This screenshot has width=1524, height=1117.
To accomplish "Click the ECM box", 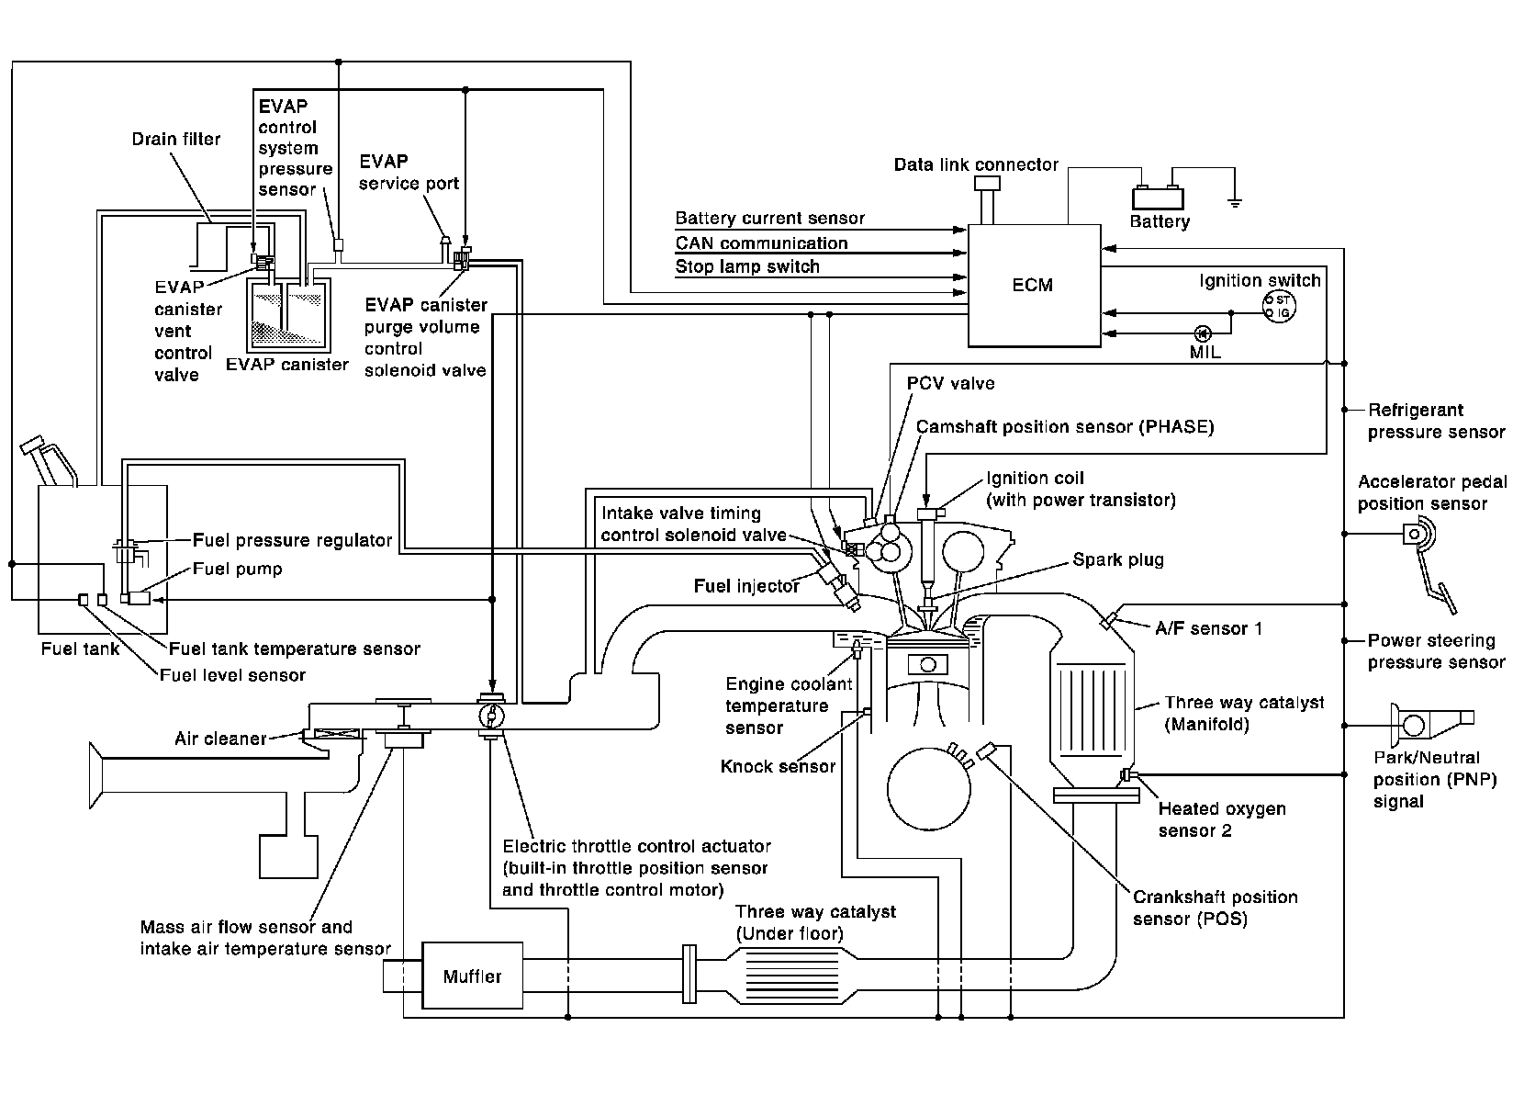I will pyautogui.click(x=1035, y=285).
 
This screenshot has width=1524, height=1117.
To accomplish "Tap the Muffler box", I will pyautogui.click(x=472, y=976).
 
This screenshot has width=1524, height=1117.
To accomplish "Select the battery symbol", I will pyautogui.click(x=1158, y=197).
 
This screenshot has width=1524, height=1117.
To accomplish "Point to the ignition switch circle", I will pyautogui.click(x=1278, y=306).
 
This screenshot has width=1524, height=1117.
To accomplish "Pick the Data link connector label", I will pyautogui.click(x=976, y=165).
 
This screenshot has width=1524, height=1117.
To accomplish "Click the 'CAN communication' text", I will pyautogui.click(x=761, y=243).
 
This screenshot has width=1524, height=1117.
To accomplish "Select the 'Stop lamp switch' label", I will pyautogui.click(x=747, y=267).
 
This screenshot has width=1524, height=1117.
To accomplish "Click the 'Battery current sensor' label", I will pyautogui.click(x=769, y=219).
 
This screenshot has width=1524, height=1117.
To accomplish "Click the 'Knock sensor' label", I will pyautogui.click(x=778, y=766).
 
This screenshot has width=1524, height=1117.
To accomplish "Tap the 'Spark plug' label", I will pyautogui.click(x=1117, y=559).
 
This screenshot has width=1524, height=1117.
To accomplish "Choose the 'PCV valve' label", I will pyautogui.click(x=950, y=383).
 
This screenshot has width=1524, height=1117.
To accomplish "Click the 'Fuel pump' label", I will pyautogui.click(x=237, y=569).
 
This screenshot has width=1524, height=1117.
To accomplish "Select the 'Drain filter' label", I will pyautogui.click(x=176, y=140).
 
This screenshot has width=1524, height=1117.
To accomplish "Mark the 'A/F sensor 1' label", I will pyautogui.click(x=1208, y=628).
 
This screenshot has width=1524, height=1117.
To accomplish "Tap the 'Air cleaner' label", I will pyautogui.click(x=220, y=738).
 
